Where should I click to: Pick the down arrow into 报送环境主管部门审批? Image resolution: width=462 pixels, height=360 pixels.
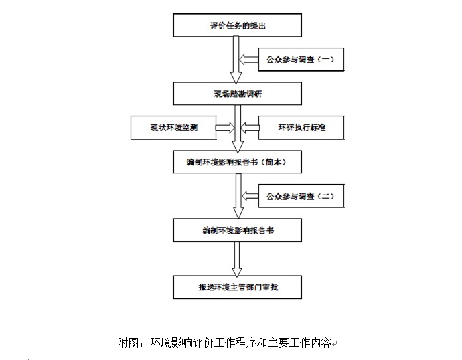(235, 258)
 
